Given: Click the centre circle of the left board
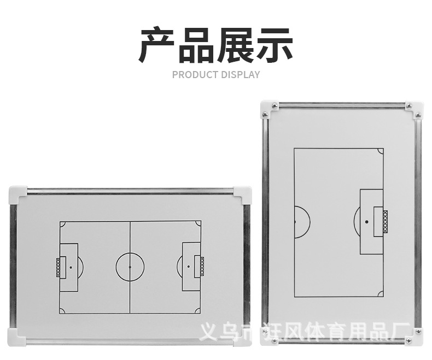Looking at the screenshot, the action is click(x=130, y=267).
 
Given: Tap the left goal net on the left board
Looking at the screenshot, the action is click(x=58, y=267).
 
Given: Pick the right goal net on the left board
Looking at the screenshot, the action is click(x=202, y=267).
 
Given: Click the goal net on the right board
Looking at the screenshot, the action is click(x=385, y=222).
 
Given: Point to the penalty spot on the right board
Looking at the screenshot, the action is click(x=366, y=222).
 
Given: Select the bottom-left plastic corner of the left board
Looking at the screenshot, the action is click(x=17, y=337).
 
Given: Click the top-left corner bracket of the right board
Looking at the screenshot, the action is click(x=269, y=109).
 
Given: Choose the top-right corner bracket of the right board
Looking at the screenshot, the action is click(x=414, y=109).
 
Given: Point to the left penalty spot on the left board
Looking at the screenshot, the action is click(x=71, y=267).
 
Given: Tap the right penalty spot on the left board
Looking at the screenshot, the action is click(x=189, y=267).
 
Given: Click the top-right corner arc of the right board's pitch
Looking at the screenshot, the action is click(x=380, y=151).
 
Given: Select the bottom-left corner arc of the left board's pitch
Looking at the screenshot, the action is click(x=62, y=311).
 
